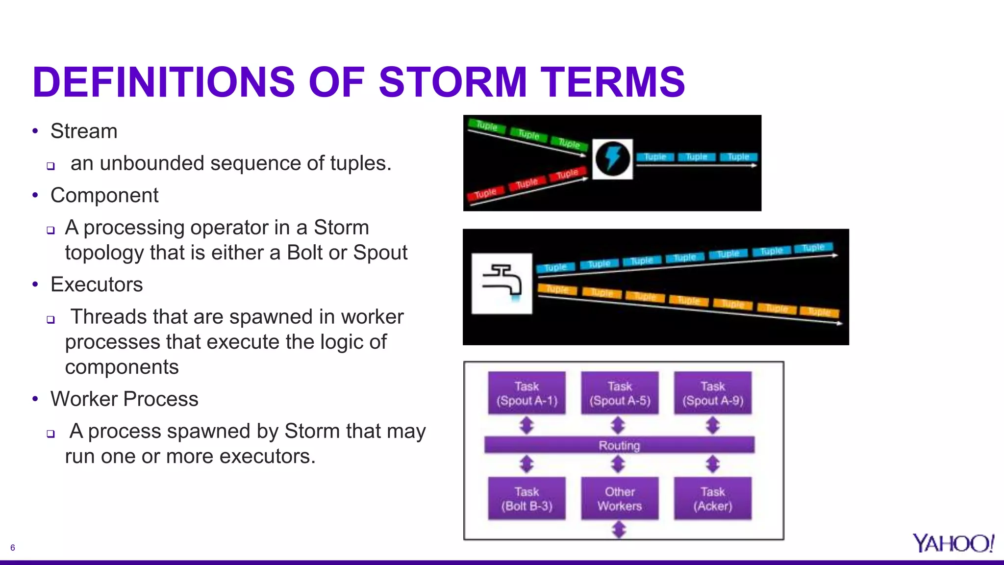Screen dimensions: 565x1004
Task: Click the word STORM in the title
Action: tap(452, 82)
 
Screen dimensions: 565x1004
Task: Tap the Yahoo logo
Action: tap(953, 543)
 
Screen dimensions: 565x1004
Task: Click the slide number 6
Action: tap(13, 548)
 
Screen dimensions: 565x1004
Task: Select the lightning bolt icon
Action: tap(612, 159)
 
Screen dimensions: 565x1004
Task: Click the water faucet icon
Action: tap(502, 283)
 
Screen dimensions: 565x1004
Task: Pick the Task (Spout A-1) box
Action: tap(527, 393)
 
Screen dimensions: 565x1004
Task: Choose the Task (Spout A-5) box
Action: tap(620, 393)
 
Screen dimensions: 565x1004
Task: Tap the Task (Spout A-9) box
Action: tap(712, 393)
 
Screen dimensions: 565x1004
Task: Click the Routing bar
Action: tap(619, 445)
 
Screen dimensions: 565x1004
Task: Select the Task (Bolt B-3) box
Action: tap(527, 498)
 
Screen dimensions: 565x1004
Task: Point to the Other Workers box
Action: tap(620, 498)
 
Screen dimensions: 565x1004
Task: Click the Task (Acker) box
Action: tap(712, 498)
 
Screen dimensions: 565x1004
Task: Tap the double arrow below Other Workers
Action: tap(619, 529)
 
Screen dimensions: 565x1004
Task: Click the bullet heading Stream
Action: tap(84, 131)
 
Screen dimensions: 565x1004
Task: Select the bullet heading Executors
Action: tap(97, 285)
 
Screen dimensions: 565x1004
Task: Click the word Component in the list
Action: tap(104, 196)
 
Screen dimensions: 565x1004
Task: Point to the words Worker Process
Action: tap(124, 399)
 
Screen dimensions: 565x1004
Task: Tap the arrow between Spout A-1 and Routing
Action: tap(527, 425)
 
